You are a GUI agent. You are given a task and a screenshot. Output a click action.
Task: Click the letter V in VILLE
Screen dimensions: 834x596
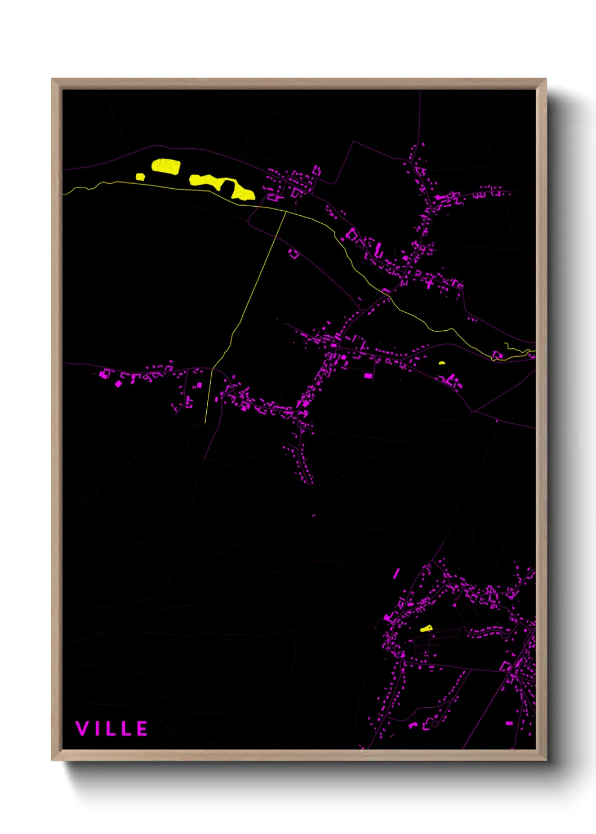coord(82,729)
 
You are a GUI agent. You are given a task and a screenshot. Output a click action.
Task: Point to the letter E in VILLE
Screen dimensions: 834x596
coord(142,729)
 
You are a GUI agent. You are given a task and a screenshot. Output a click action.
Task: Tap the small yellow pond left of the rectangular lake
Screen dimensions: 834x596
coord(140,177)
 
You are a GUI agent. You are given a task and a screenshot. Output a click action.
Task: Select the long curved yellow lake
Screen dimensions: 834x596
coord(223,185)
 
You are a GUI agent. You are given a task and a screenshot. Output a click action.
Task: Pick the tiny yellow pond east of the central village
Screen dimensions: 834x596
coord(442,363)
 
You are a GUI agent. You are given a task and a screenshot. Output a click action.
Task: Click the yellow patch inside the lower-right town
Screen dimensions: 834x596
coord(426,628)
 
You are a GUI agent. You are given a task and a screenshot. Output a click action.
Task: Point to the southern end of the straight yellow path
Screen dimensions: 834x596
coord(205,422)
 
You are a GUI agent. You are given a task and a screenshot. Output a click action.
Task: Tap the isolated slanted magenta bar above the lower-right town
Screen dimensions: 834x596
coord(397,574)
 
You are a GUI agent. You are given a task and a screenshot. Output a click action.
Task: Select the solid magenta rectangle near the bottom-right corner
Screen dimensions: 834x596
coord(509,723)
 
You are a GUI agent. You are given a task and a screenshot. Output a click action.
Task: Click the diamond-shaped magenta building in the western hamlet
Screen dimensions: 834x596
coord(118,384)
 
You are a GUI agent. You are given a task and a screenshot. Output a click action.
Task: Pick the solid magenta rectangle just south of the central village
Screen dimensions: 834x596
coord(368,376)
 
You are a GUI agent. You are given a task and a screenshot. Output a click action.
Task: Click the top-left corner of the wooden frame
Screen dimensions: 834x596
coord(52,79)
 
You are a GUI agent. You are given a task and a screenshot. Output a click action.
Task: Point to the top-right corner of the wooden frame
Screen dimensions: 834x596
coord(546,79)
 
